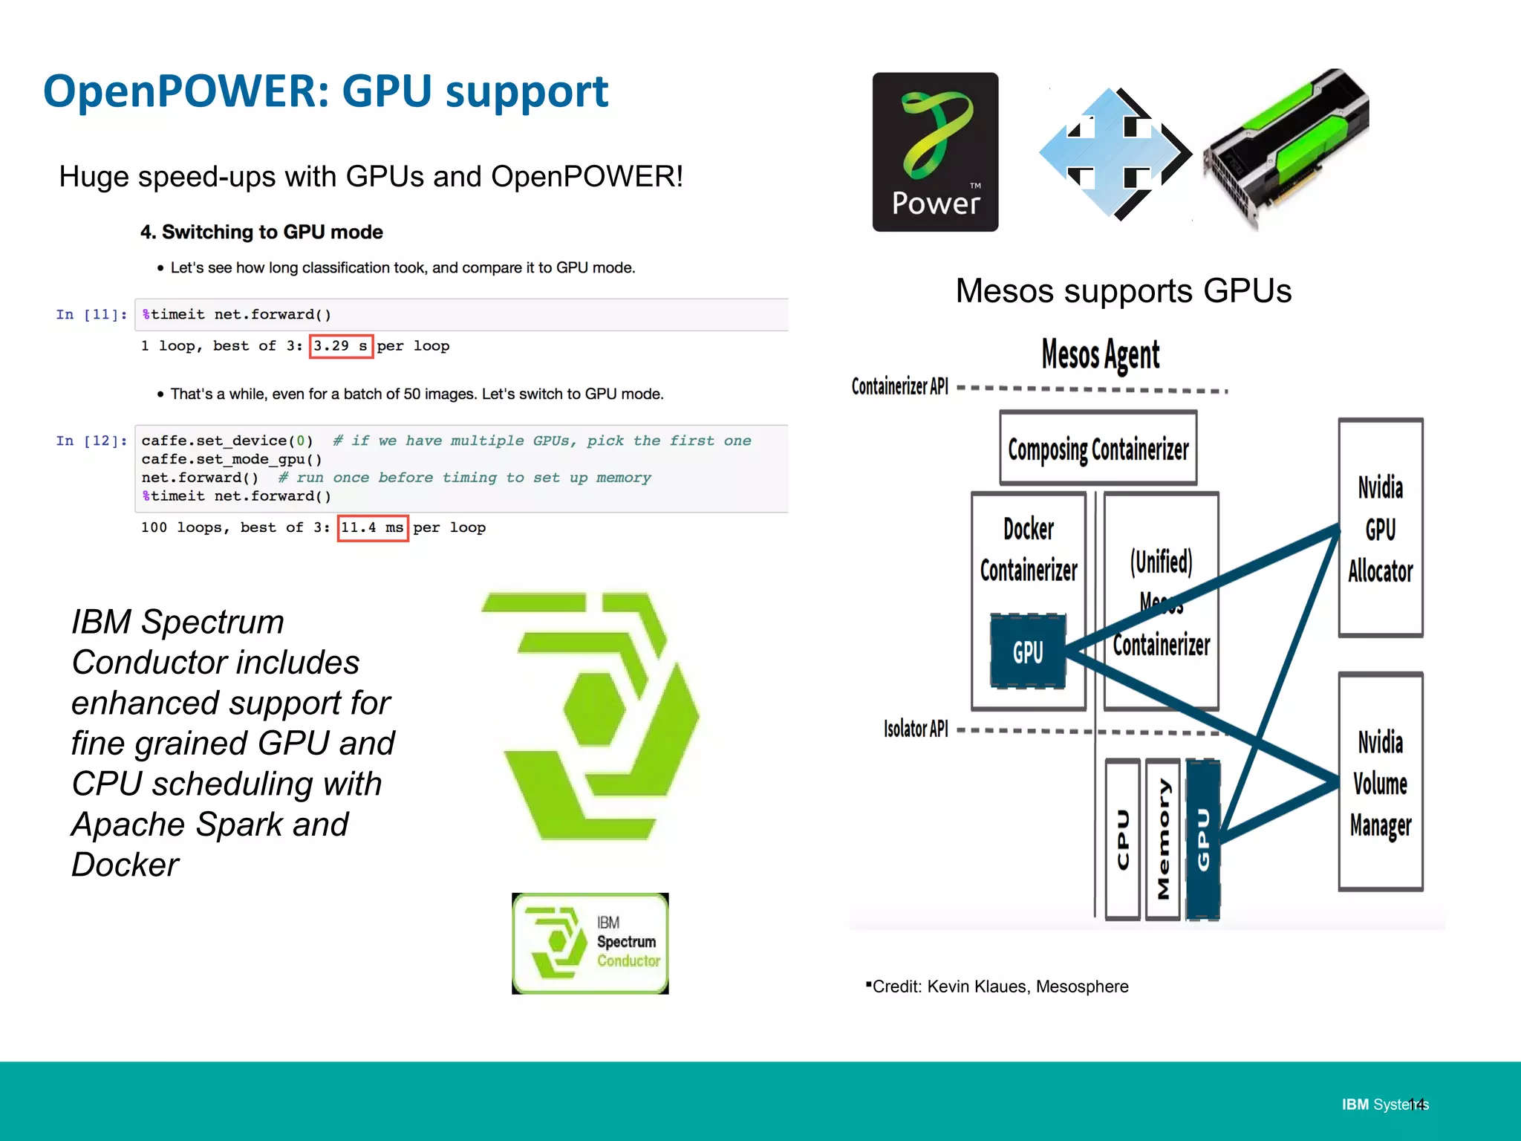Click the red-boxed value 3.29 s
(x=341, y=346)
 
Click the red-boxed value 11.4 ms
(x=372, y=528)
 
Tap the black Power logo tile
(x=935, y=152)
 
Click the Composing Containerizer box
(x=1098, y=449)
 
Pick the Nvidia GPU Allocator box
(x=1380, y=527)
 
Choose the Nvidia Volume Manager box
(x=1380, y=781)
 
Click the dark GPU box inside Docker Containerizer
(x=1028, y=651)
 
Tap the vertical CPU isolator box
(x=1122, y=839)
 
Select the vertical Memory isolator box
(x=1163, y=839)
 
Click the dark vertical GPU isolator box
(x=1203, y=839)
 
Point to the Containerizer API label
(x=899, y=386)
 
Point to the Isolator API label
(x=916, y=729)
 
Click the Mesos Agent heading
(x=1100, y=354)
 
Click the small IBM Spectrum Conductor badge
(x=590, y=943)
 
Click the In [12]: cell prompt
(x=91, y=441)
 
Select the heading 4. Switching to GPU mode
(x=261, y=233)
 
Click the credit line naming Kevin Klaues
(x=999, y=986)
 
